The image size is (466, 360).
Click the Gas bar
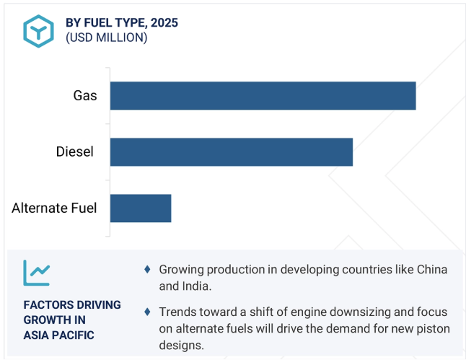(x=263, y=96)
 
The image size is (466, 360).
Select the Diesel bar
(x=232, y=152)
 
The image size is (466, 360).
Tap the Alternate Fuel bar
(x=141, y=208)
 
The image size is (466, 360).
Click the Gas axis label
(x=85, y=96)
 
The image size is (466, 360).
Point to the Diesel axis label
(x=74, y=152)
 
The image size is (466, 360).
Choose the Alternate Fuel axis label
(x=54, y=208)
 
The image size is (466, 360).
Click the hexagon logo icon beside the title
(x=39, y=31)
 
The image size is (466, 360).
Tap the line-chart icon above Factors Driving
(x=37, y=273)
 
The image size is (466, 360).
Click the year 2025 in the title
(x=164, y=22)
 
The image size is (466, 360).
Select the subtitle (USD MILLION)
(x=106, y=38)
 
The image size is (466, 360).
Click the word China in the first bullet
(x=432, y=269)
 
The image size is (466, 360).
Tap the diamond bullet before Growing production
(x=147, y=269)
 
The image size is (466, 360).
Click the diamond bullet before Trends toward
(x=147, y=312)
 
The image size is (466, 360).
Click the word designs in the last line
(x=181, y=346)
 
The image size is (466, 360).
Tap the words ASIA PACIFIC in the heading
(x=59, y=335)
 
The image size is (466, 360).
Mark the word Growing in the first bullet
(x=181, y=270)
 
